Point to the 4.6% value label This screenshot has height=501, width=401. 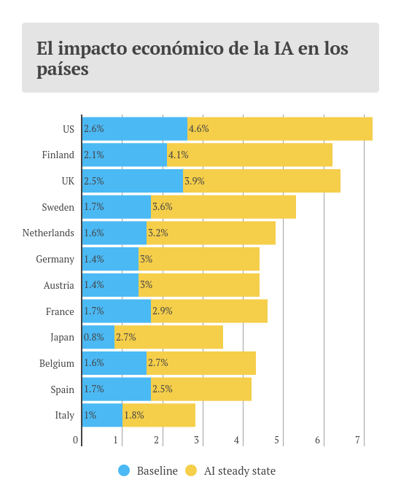pos(198,129)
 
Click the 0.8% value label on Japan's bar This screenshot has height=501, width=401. pos(93,338)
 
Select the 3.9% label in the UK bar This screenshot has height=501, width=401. pos(194,181)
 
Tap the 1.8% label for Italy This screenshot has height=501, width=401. pos(133,416)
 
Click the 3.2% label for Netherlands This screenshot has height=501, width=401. pos(157,233)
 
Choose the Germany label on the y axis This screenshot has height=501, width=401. pos(55,260)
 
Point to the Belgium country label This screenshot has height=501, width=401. pos(57,363)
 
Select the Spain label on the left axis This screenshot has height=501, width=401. pos(62,389)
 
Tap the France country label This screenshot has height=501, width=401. pos(60,311)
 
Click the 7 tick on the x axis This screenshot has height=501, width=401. pos(357,440)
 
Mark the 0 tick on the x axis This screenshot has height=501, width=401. pos(75,440)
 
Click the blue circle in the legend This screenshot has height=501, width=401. pos(124,471)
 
